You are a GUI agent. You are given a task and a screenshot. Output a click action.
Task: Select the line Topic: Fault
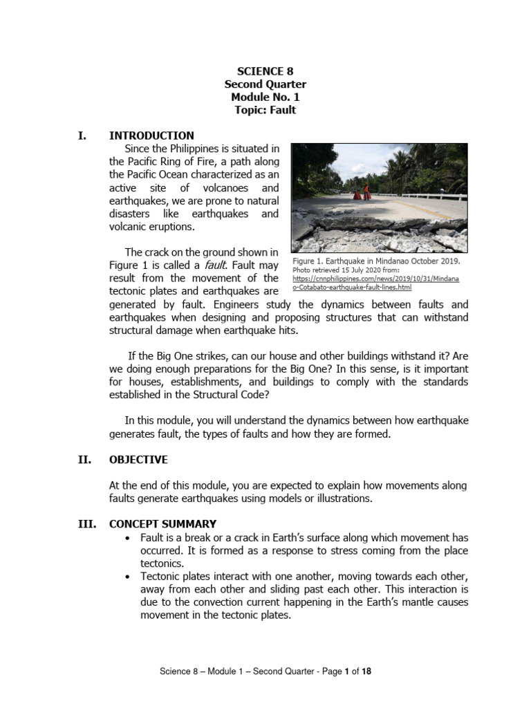pos(265,110)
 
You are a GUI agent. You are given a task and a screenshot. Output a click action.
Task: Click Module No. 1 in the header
pos(265,97)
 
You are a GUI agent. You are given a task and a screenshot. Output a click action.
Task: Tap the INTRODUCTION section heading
pos(151,136)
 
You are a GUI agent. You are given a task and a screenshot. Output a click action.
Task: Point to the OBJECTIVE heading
pos(138,460)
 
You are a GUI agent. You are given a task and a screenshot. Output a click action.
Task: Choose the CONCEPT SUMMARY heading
pos(162,524)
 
